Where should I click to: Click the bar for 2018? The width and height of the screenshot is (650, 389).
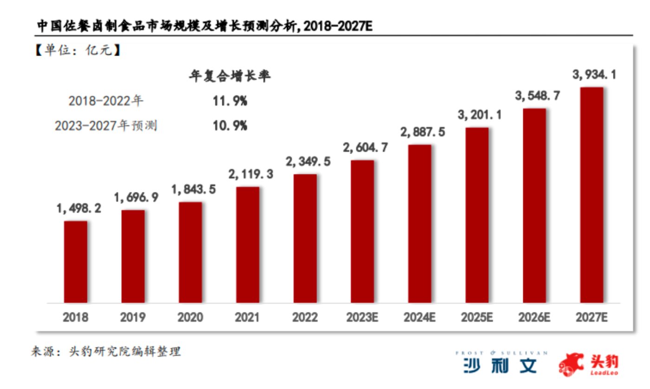(x=76, y=262)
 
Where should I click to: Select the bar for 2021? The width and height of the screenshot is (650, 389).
(x=248, y=245)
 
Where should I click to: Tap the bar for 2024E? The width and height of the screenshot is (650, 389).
(x=420, y=224)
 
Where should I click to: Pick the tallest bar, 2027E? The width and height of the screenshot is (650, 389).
(x=591, y=195)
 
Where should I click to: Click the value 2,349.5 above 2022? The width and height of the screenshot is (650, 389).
(x=305, y=162)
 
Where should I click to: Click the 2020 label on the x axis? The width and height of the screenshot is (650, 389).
(x=190, y=318)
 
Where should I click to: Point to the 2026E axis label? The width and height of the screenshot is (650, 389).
(x=534, y=318)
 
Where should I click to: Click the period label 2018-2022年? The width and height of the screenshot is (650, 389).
(x=106, y=101)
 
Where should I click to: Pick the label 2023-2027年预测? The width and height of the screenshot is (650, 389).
(x=106, y=126)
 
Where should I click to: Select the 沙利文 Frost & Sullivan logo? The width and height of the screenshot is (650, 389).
(x=500, y=363)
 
